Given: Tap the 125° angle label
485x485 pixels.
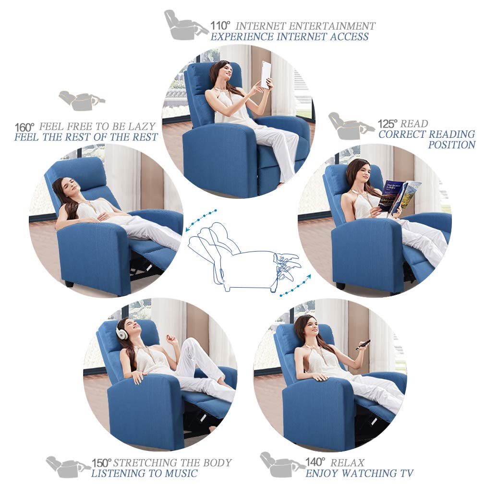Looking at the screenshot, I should (x=388, y=123).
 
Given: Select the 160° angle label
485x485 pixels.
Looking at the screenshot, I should (x=24, y=127).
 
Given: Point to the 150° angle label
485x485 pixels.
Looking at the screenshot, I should (x=101, y=463).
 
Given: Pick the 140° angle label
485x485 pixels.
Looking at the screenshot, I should (x=315, y=462).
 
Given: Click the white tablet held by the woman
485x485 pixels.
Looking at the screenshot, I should (x=266, y=74).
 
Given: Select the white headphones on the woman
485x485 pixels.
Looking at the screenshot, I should (x=122, y=332).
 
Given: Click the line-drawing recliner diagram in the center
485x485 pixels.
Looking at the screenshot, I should (x=242, y=257).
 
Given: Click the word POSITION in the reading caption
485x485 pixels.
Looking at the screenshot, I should (x=451, y=145).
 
